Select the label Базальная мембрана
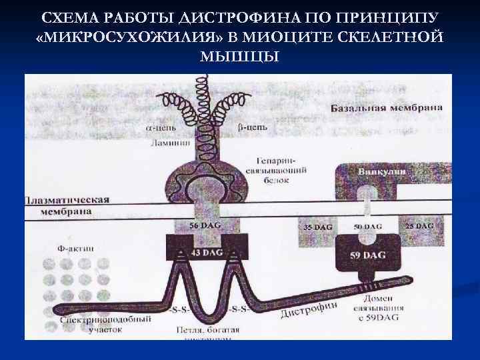point(387,107)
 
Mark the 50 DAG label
point(368,227)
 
